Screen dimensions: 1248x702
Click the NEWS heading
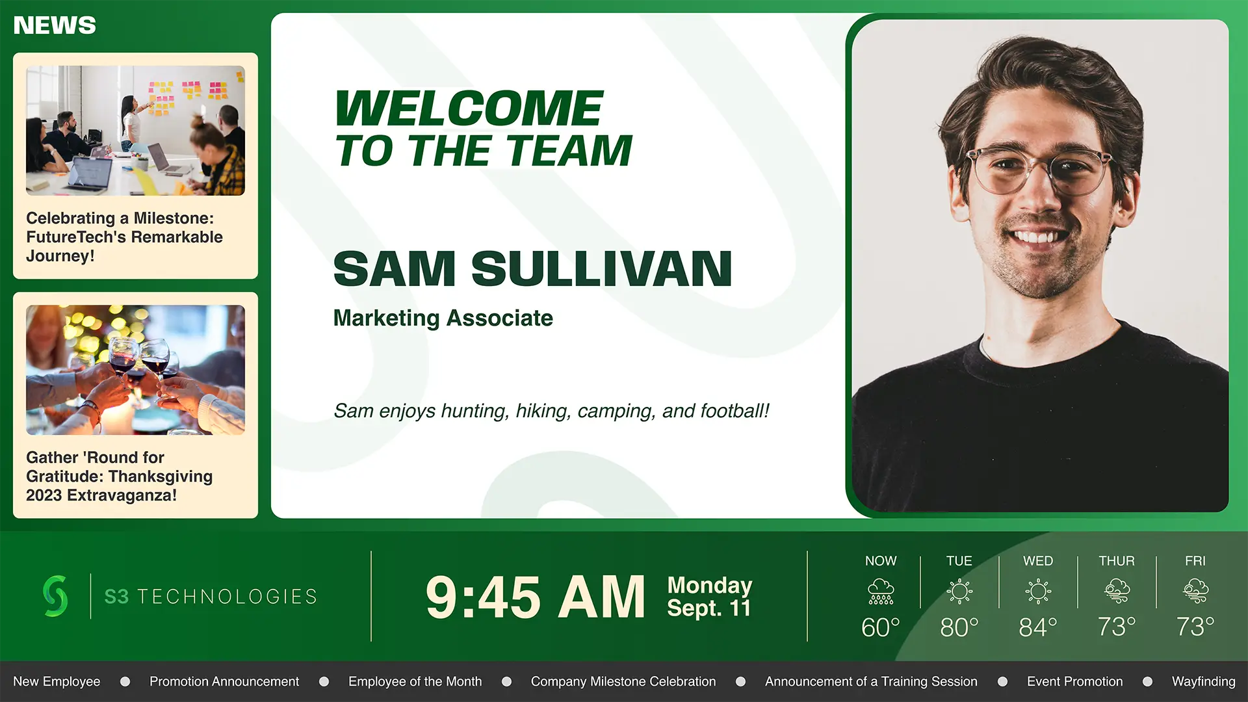point(55,25)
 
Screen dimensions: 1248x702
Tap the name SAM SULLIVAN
point(532,268)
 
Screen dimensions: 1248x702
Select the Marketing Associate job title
point(443,318)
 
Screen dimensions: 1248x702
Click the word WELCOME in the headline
point(469,108)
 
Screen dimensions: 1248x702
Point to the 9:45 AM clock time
point(536,597)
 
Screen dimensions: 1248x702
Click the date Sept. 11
point(708,608)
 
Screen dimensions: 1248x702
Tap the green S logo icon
point(55,595)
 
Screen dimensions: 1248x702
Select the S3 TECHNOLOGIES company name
point(211,596)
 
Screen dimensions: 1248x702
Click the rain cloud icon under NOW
point(881,591)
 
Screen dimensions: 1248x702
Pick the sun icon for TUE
point(959,591)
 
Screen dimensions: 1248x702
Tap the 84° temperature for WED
point(1038,627)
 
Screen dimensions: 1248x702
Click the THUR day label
point(1117,561)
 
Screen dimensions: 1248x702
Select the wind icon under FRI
point(1195,591)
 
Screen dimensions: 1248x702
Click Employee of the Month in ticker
point(415,681)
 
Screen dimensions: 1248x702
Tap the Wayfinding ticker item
point(1204,681)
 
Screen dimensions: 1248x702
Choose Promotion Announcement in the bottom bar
point(224,681)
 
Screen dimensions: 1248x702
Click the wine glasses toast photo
point(135,370)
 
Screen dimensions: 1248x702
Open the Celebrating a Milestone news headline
point(124,237)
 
